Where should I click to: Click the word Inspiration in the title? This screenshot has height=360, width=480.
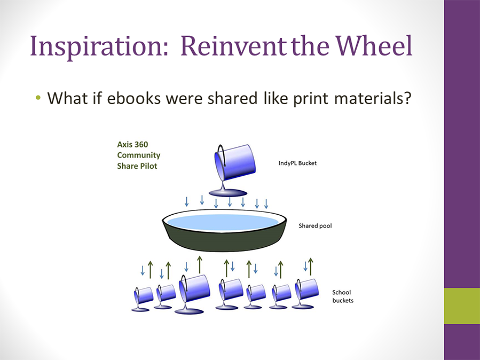pyautogui.click(x=99, y=46)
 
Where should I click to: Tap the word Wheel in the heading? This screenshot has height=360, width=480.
pyautogui.click(x=374, y=45)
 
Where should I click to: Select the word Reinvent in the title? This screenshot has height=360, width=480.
pyautogui.click(x=233, y=45)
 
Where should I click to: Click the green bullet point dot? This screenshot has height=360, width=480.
pyautogui.click(x=38, y=98)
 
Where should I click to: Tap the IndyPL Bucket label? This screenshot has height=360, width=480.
pyautogui.click(x=297, y=163)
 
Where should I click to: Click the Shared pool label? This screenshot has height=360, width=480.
pyautogui.click(x=315, y=226)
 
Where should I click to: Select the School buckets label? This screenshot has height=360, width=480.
pyautogui.click(x=343, y=296)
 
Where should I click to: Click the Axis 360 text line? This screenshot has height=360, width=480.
pyautogui.click(x=132, y=145)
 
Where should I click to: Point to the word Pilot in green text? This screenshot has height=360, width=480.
pyautogui.click(x=148, y=166)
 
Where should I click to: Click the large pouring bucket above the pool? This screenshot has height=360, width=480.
pyautogui.click(x=234, y=162)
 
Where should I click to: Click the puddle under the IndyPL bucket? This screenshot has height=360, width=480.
pyautogui.click(x=228, y=193)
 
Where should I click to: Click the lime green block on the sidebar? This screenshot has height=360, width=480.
pyautogui.click(x=462, y=306)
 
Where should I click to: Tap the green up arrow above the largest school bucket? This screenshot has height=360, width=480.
pyautogui.click(x=200, y=265)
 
